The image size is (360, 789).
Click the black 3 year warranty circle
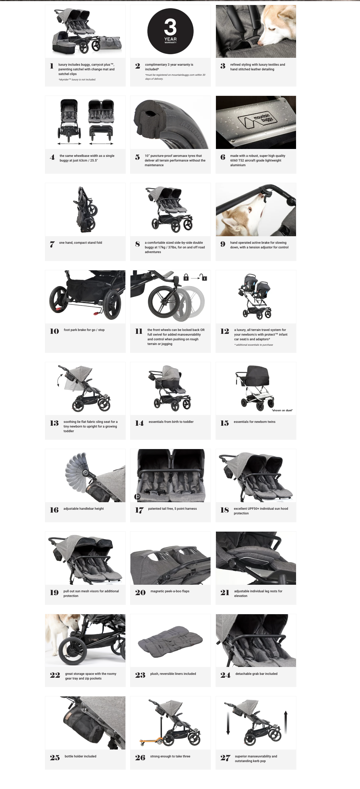pos(170,31)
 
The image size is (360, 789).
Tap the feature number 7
pos(52,244)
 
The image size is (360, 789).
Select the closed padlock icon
pos(186,277)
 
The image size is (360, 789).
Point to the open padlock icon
pos(204,277)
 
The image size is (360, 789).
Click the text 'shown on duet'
pos(282,410)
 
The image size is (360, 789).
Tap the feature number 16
pos(54,510)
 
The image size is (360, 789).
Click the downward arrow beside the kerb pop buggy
pos(228,723)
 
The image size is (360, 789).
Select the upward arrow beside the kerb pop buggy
pos(286,722)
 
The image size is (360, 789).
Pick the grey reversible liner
pos(170,641)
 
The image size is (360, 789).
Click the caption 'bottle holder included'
pos(80,756)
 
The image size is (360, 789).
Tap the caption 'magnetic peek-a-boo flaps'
pos(170,591)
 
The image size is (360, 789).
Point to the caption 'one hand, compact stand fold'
pos(80,243)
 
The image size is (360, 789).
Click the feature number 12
pos(225,331)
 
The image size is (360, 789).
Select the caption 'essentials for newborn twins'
pos(255,422)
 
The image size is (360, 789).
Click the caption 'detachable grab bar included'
pos(257,674)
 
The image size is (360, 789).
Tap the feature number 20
pos(140,593)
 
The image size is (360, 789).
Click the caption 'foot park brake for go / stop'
pos(84,330)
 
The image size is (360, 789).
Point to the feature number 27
pos(225,758)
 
